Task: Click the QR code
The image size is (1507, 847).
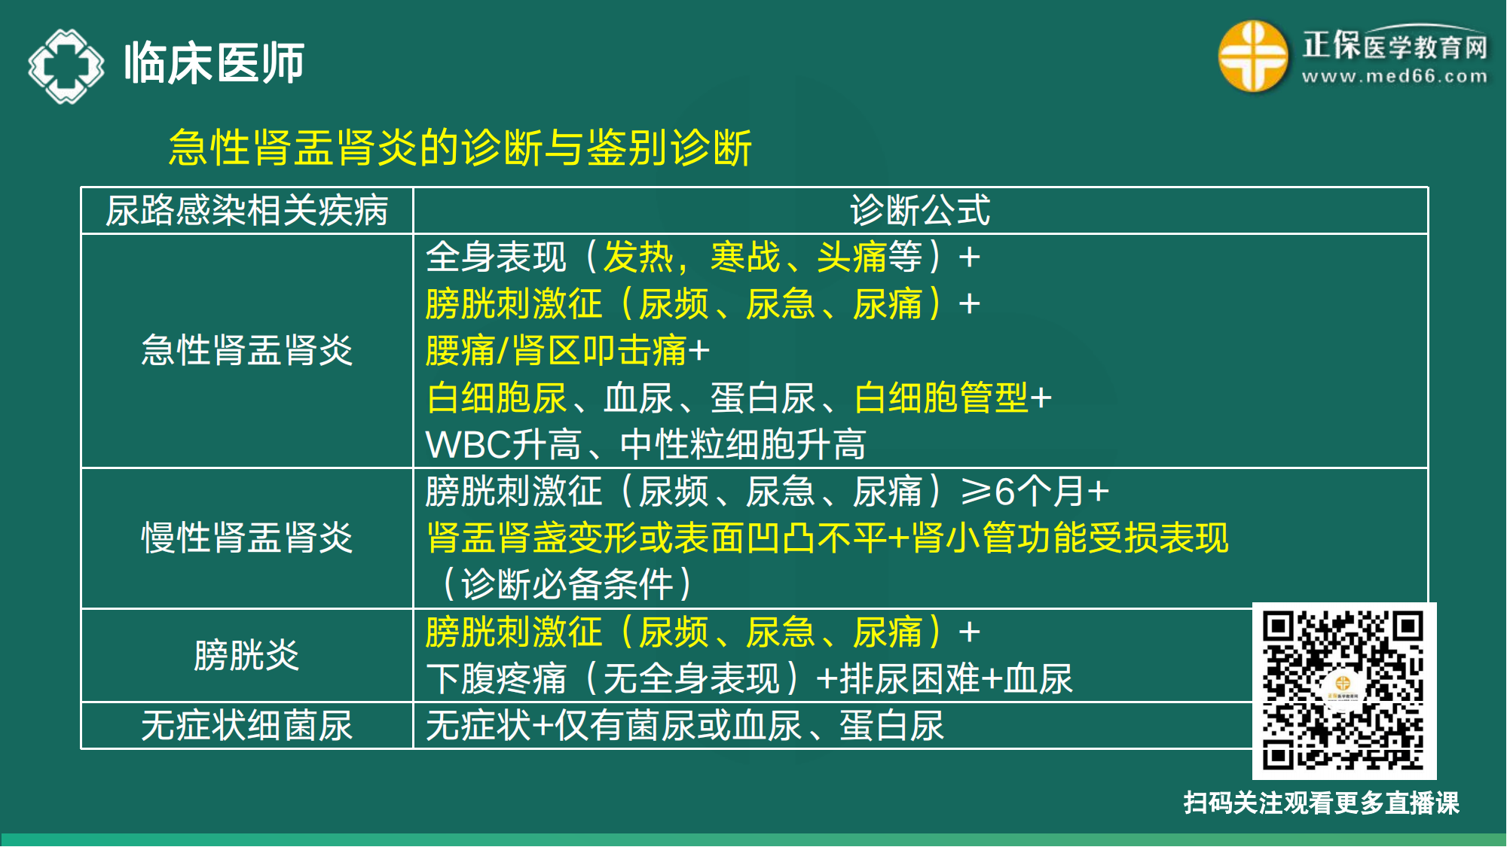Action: [1343, 690]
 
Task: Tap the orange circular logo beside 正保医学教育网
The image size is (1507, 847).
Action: [1252, 56]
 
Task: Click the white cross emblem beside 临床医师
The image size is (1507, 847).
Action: [66, 66]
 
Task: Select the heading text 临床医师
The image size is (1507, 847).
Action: [214, 63]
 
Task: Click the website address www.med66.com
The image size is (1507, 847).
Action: [1395, 76]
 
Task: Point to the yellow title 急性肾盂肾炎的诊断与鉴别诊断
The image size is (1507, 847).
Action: [460, 147]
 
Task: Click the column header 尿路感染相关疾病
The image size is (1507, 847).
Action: [246, 211]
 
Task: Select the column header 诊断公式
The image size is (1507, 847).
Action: [920, 211]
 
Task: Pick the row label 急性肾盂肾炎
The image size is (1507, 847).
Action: [246, 351]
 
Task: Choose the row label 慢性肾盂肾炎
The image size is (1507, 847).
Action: [246, 538]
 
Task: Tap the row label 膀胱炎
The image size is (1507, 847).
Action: [246, 655]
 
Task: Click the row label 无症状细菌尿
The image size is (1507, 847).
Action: [246, 726]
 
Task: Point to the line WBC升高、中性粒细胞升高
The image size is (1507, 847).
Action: [646, 445]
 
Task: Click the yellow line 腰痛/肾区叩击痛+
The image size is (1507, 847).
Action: [567, 351]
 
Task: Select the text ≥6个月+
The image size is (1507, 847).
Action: [1035, 492]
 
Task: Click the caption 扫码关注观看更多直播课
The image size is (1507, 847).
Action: [1321, 803]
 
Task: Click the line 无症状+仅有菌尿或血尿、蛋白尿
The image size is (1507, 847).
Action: [684, 726]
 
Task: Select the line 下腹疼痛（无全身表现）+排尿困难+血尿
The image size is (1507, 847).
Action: [749, 679]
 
